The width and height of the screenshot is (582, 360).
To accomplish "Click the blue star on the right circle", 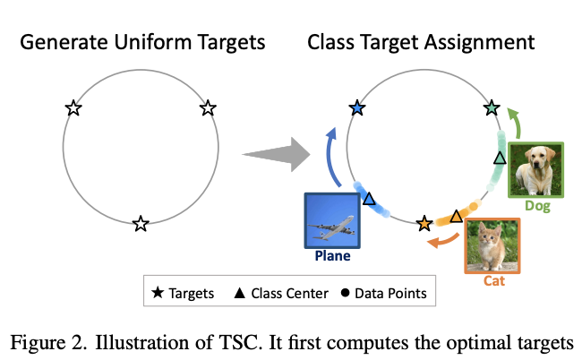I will (x=358, y=108).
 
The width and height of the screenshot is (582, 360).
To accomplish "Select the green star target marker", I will (x=491, y=108).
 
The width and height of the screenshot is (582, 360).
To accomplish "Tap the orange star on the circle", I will (x=424, y=222).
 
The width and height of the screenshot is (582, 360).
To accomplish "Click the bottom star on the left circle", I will (x=140, y=224).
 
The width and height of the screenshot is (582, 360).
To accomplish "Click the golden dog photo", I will (x=536, y=168).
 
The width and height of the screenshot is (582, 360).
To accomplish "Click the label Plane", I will (x=332, y=255).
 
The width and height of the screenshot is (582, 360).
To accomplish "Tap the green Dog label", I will (x=537, y=206).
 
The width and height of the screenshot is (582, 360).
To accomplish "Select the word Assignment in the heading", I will (x=484, y=41).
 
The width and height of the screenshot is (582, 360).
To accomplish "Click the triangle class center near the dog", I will (x=500, y=158).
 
